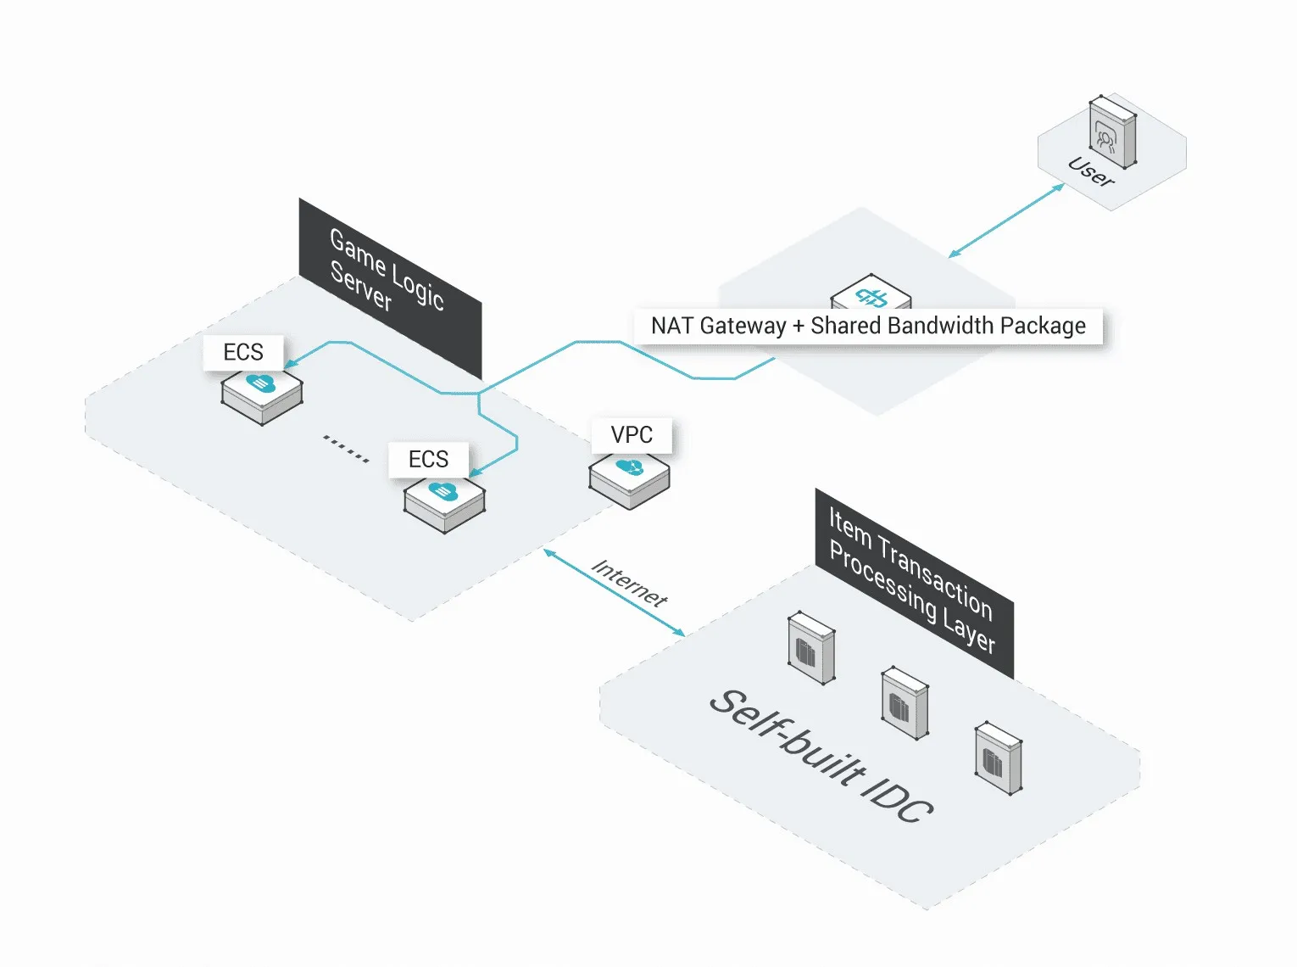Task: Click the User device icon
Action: tap(1112, 132)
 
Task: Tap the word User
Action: tap(1091, 172)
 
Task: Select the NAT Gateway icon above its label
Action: tap(871, 294)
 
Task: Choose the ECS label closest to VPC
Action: tap(428, 459)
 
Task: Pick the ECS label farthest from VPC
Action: tap(243, 352)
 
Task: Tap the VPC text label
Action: tap(632, 434)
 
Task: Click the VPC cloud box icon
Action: tap(629, 479)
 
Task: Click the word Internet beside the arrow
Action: tap(629, 582)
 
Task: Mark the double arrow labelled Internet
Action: tap(613, 592)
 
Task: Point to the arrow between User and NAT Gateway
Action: tap(1006, 220)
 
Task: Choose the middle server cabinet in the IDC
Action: tap(905, 703)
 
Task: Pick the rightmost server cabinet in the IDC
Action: tap(998, 757)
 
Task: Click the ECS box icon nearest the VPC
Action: tap(444, 502)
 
